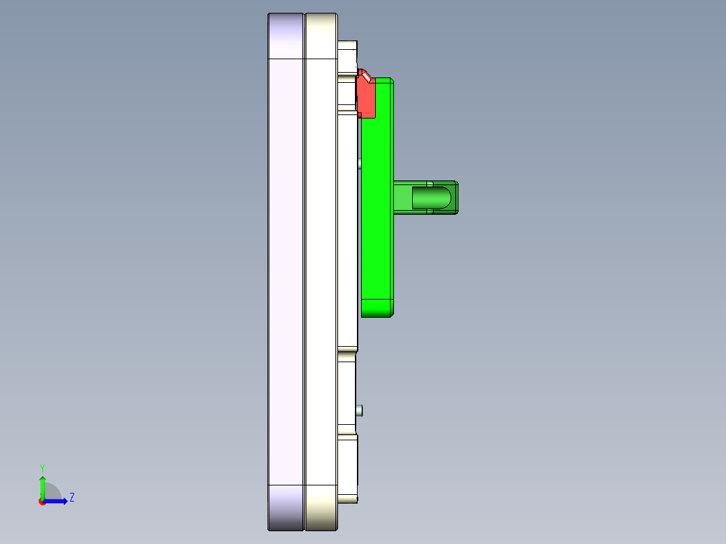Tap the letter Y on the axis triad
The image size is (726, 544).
(42, 467)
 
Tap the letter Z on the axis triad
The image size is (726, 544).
(71, 498)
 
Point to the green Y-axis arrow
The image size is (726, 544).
(42, 486)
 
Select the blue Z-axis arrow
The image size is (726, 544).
(57, 501)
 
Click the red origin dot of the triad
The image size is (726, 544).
(42, 502)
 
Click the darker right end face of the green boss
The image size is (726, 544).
(456, 197)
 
